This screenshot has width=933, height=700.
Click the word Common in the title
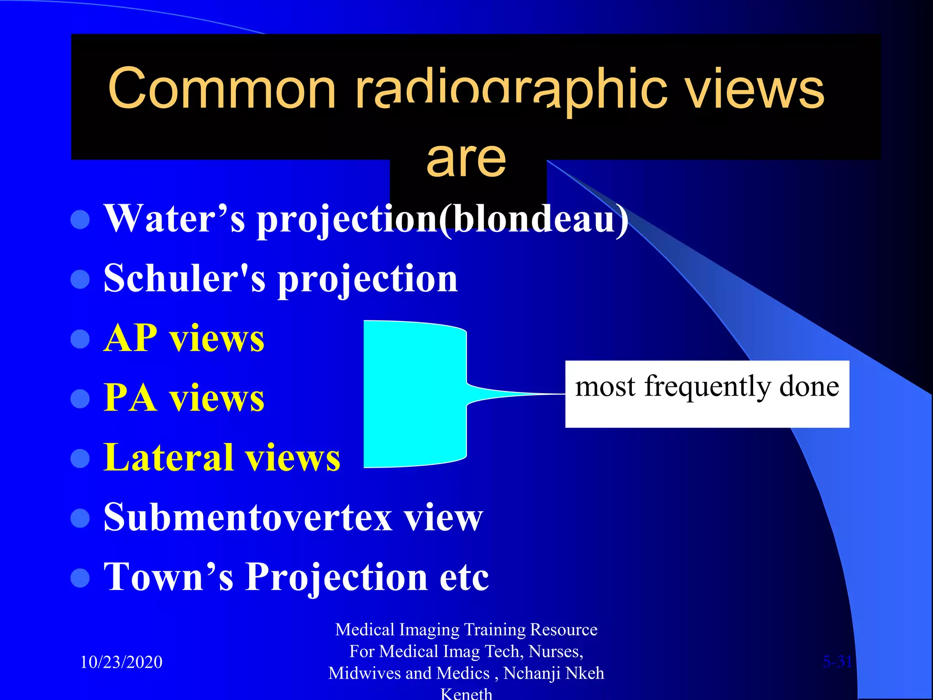[x=222, y=89]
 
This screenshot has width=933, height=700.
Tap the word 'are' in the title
[x=466, y=159]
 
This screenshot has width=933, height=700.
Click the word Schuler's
[x=184, y=278]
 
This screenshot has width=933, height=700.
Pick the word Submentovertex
[x=248, y=518]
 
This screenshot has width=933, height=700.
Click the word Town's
[x=169, y=577]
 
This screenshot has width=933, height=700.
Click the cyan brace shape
[x=415, y=394]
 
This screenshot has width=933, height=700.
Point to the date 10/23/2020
[x=121, y=662]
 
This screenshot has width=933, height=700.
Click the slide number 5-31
[x=837, y=662]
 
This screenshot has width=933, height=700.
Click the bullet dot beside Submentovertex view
[x=81, y=518]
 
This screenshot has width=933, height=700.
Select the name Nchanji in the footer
[x=528, y=674]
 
